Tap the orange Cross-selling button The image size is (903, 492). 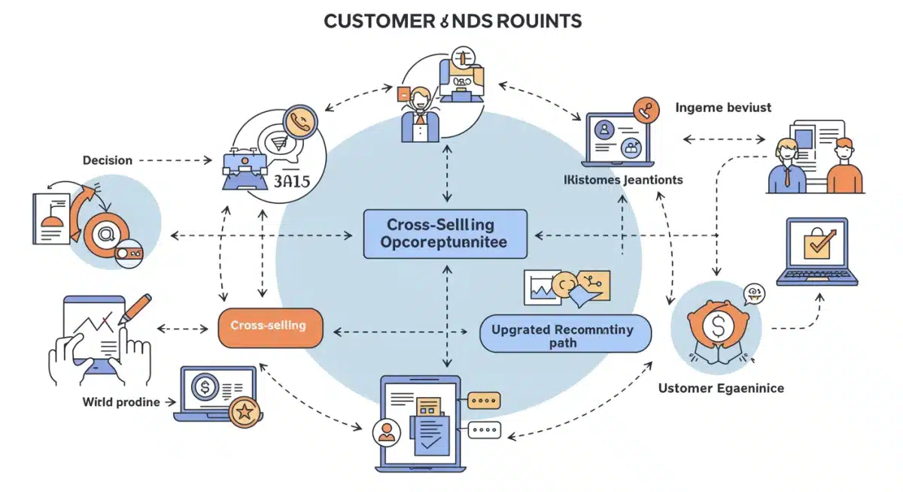[269, 326]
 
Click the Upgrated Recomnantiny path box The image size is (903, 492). [563, 336]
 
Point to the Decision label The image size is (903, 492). [108, 160]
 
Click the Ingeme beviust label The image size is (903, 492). [723, 108]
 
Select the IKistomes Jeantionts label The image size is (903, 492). [623, 180]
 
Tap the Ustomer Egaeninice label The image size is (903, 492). [721, 388]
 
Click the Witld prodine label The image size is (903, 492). [121, 402]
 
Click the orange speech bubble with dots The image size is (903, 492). [484, 399]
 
